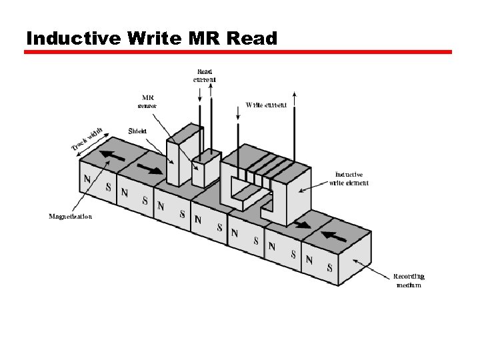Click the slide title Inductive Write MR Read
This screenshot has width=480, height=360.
tap(151, 38)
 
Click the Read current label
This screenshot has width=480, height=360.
tap(205, 75)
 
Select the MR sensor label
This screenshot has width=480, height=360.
tap(147, 101)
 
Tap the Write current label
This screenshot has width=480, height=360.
tap(266, 105)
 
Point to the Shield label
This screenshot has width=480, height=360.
tap(137, 131)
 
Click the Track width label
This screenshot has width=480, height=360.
tap(87, 138)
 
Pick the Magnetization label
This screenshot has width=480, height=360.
tap(71, 216)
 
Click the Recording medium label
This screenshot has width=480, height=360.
tap(408, 280)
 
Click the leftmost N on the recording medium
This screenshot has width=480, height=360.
tap(87, 179)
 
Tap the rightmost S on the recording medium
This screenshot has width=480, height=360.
tap(329, 268)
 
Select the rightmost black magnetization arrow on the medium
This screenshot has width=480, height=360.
tap(336, 235)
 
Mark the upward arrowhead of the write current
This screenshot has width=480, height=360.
tap(294, 94)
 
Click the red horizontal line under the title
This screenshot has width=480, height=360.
tap(238, 52)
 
